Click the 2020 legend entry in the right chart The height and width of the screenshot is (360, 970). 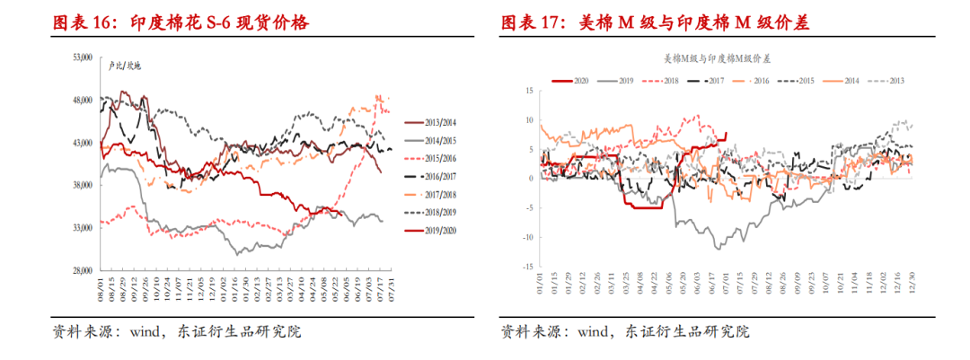573,81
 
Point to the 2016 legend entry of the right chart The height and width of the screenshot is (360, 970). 760,81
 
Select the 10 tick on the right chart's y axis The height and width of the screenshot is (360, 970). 530,119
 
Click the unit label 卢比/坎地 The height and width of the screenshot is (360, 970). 125,66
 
